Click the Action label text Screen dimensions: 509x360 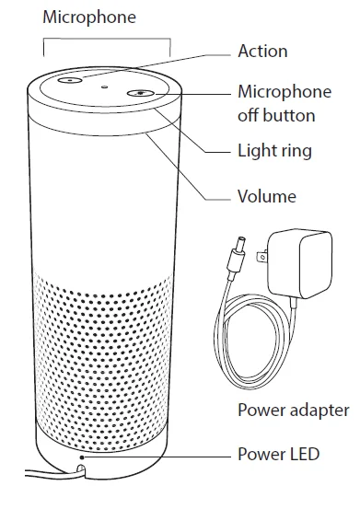click(262, 51)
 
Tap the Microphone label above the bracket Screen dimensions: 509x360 click(89, 17)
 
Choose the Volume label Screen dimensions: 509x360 click(266, 195)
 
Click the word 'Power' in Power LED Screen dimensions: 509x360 click(260, 454)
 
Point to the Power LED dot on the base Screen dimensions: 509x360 click(84, 455)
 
